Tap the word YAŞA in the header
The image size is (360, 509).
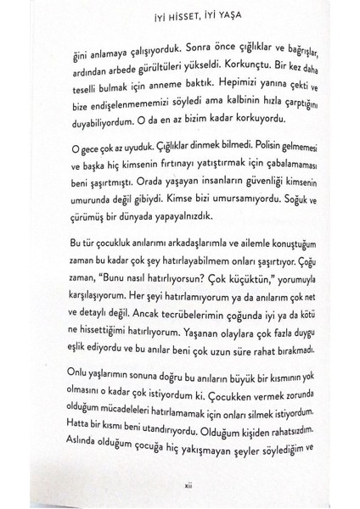(x=235, y=14)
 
